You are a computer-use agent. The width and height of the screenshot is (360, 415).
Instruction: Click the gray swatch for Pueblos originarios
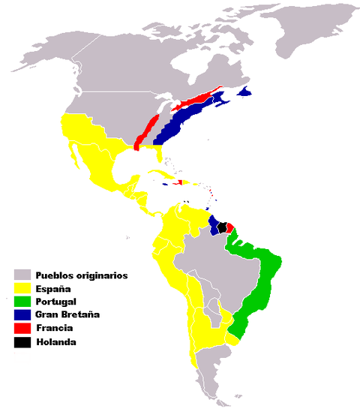pos(20,275)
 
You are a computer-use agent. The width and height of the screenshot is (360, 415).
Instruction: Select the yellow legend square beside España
pos(20,288)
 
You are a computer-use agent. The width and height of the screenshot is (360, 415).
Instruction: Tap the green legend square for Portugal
pos(20,302)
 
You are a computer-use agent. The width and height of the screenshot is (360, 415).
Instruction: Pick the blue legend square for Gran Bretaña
pos(20,315)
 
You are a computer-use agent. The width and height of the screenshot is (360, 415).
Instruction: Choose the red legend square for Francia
pos(20,329)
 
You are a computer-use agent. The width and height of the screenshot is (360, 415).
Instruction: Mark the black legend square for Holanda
pos(20,342)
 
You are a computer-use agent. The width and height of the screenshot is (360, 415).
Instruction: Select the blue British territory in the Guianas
pos(214,224)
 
